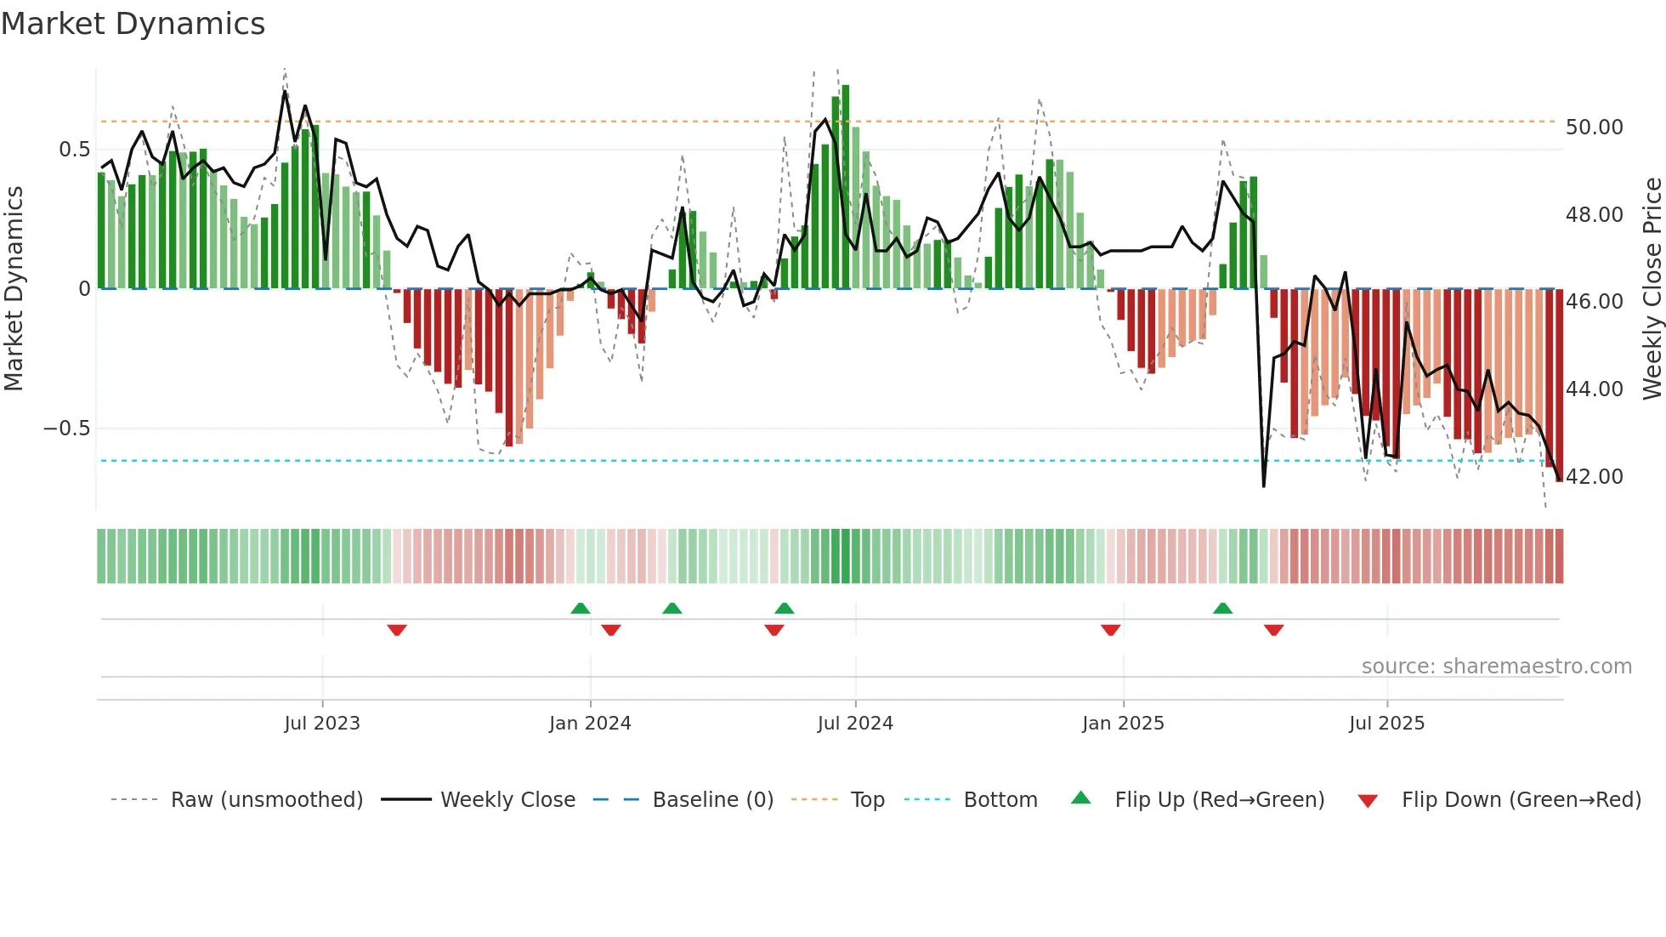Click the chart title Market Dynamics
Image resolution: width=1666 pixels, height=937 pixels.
133,24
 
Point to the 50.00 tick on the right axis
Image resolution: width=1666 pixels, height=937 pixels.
1594,128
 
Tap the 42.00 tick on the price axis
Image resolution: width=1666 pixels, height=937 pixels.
1594,477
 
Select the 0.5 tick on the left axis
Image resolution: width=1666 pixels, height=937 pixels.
74,150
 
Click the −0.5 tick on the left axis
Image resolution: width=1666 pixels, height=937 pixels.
66,429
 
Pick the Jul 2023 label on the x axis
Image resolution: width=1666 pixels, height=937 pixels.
322,724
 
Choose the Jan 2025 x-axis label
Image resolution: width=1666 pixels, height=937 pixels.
1123,724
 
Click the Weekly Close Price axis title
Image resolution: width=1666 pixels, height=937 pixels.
1652,289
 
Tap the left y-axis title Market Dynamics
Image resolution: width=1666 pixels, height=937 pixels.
14,289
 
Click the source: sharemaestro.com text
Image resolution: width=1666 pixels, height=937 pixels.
1496,667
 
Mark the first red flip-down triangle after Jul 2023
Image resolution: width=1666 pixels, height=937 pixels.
397,630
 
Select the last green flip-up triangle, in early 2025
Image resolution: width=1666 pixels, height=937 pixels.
1222,608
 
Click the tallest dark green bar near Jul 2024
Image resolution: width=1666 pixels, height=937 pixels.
845,187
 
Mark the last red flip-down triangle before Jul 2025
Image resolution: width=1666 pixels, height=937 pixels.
1273,630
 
